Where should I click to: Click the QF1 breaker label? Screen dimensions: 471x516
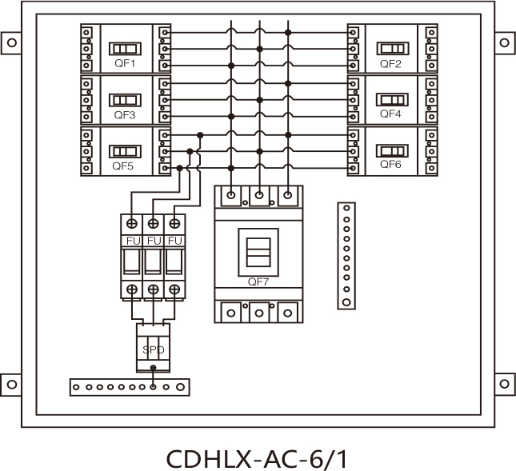(x=124, y=63)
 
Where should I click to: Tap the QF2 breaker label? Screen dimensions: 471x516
(x=390, y=63)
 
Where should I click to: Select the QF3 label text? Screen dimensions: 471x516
(x=124, y=115)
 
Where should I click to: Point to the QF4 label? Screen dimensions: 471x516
(x=390, y=114)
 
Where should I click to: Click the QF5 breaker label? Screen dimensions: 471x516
(x=123, y=166)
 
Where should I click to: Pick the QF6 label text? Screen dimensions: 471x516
(x=390, y=164)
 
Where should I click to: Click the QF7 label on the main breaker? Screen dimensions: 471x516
(x=258, y=281)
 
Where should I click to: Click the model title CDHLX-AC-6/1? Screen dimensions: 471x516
(x=258, y=459)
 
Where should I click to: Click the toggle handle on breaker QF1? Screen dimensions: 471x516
(x=124, y=48)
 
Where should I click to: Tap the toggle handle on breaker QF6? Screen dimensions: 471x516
(x=392, y=150)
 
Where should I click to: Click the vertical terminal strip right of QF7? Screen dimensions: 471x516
(x=346, y=254)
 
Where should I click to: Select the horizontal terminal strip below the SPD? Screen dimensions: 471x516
(x=130, y=387)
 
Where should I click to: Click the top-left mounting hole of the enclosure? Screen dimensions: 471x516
(x=11, y=41)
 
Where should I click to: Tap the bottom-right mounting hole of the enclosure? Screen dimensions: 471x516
(x=506, y=384)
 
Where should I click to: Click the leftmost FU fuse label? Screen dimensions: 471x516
(x=131, y=241)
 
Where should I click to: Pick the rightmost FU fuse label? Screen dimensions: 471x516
(x=174, y=241)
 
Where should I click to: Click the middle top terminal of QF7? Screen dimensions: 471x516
(x=258, y=194)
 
